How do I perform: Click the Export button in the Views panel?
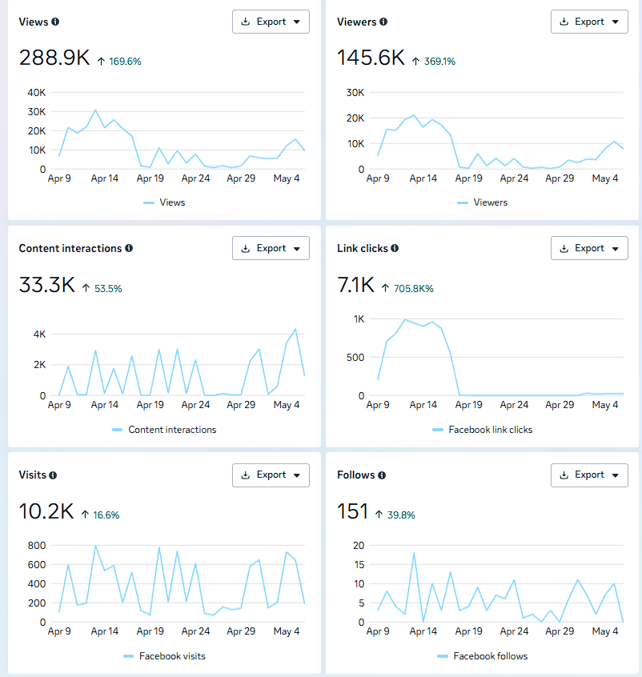271,22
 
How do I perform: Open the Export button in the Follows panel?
589,475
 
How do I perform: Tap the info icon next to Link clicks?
395,248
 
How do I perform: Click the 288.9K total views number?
54,58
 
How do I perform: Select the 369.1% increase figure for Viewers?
439,62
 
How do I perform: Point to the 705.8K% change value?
413,288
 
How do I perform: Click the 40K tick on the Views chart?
37,92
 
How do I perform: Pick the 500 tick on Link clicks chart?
355,358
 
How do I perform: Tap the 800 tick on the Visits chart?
37,545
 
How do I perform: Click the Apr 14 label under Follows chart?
423,631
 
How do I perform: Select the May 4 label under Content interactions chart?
287,405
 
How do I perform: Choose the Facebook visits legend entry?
164,656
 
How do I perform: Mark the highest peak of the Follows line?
414,553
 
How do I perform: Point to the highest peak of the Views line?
95,110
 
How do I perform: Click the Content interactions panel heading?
70,248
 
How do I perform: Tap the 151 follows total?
352,511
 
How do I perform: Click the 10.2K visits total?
46,511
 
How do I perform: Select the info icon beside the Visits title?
53,475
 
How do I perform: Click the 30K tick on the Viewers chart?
355,92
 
